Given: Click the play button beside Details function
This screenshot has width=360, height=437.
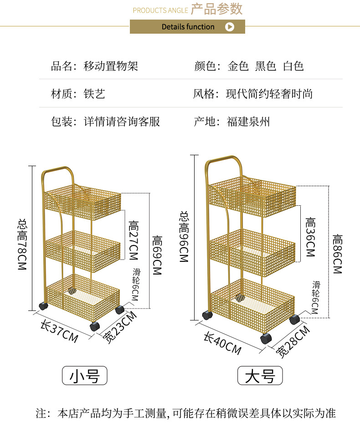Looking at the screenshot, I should [x=230, y=27].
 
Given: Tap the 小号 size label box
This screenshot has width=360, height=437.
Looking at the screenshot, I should [x=84, y=376].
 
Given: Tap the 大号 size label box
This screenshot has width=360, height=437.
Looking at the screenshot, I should [x=260, y=376].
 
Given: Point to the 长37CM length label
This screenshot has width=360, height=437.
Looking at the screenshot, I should [x=59, y=332].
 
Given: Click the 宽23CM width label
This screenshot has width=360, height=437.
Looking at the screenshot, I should [x=119, y=328].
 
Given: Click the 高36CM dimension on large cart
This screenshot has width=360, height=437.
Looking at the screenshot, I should [x=310, y=237].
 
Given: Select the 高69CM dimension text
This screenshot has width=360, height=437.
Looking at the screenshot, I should [x=157, y=255].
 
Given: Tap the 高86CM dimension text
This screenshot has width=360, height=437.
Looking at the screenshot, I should [x=337, y=254].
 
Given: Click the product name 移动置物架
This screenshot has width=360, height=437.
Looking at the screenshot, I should [x=111, y=66].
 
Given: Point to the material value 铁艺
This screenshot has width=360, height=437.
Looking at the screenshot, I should [x=95, y=94].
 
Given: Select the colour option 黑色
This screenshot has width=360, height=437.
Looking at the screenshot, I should [x=266, y=66].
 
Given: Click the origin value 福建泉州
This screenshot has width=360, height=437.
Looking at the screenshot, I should [x=248, y=122].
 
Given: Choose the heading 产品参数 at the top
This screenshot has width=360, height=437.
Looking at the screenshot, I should [x=216, y=9].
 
